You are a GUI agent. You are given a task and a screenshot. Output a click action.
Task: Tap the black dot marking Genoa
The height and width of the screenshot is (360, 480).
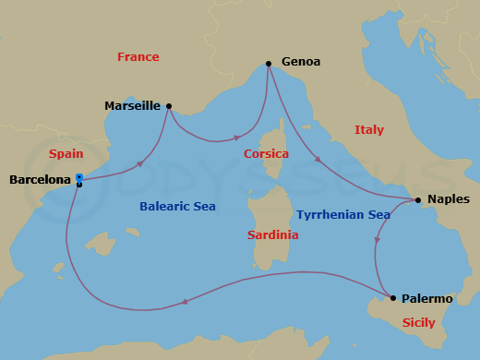click(x=269, y=64)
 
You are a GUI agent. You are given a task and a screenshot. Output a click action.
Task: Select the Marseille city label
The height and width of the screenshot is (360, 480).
click(x=132, y=106)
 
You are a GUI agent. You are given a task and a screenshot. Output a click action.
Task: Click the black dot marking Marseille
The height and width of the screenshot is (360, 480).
click(x=168, y=105)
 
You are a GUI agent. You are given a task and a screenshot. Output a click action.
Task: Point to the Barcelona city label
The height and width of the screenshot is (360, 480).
click(x=40, y=180)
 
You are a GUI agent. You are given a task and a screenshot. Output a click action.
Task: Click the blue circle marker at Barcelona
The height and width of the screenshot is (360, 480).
click(x=79, y=177)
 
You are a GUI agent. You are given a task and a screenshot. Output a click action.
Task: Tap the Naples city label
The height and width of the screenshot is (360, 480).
click(x=449, y=199)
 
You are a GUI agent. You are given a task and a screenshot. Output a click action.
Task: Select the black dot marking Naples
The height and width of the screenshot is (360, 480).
click(x=418, y=199)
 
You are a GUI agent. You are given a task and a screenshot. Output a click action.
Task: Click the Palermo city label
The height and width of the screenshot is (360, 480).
click(x=427, y=298)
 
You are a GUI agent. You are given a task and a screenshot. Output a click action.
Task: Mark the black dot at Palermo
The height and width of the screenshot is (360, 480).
click(x=393, y=298)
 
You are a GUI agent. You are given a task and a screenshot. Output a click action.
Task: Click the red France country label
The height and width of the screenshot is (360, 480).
click(x=138, y=57)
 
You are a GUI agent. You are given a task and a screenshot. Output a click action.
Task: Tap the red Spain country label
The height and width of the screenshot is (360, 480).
click(x=66, y=154)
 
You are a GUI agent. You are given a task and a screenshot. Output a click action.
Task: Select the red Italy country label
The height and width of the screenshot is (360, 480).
click(x=369, y=130)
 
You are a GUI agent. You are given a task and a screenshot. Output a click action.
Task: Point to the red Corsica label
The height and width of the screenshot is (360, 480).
click(x=266, y=154)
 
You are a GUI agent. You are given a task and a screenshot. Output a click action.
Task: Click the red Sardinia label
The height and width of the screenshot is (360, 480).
click(x=272, y=235)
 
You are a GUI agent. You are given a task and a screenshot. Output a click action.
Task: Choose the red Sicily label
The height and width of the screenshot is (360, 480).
click(x=418, y=323)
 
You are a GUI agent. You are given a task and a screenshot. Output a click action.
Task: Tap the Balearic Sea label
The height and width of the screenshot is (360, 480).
click(x=177, y=207)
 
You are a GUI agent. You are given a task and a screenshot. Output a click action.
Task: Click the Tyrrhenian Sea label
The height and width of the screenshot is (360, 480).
click(x=343, y=215)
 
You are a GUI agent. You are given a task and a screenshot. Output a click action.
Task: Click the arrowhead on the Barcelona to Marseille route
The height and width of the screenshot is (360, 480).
click(x=140, y=163)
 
